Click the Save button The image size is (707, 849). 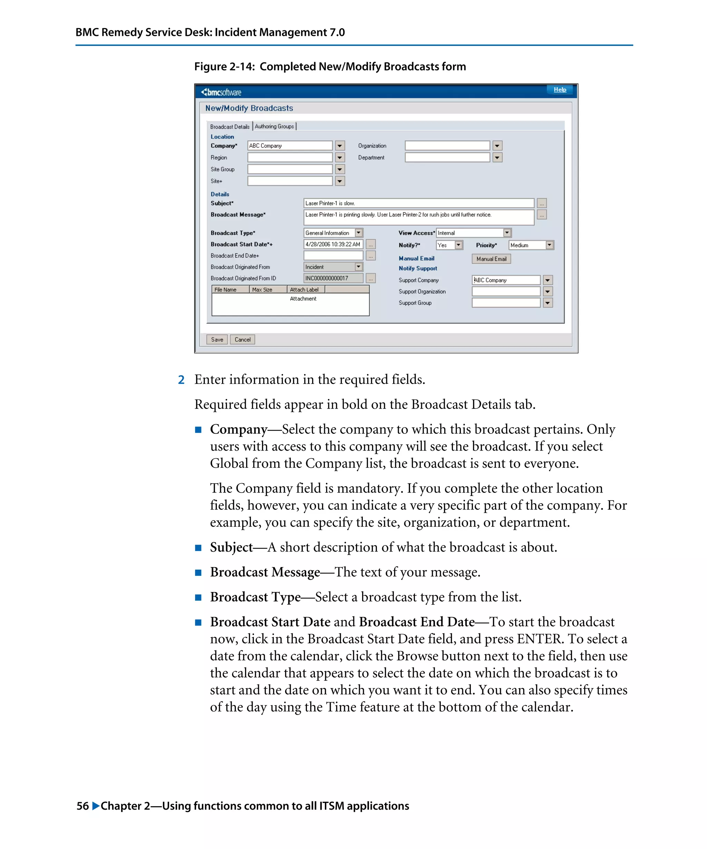(x=216, y=340)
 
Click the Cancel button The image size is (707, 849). (x=242, y=340)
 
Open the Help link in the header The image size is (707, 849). (x=560, y=90)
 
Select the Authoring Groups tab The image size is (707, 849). (x=274, y=126)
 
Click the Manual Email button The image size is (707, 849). (x=491, y=259)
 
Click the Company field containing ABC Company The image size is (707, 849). (x=290, y=145)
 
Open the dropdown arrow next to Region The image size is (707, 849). (x=340, y=158)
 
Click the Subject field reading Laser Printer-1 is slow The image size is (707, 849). (x=418, y=203)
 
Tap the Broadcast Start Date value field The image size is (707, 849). (x=333, y=244)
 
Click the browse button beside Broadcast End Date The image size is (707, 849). (x=370, y=256)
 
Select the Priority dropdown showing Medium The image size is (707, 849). (x=531, y=245)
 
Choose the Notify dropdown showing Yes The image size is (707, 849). (x=449, y=245)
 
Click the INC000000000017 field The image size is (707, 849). (x=333, y=278)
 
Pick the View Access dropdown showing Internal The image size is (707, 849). (x=474, y=233)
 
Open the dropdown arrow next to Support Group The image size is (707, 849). (x=548, y=303)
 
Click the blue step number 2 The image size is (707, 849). (x=181, y=380)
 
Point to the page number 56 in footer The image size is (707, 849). (x=83, y=806)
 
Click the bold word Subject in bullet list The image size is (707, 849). (x=231, y=547)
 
